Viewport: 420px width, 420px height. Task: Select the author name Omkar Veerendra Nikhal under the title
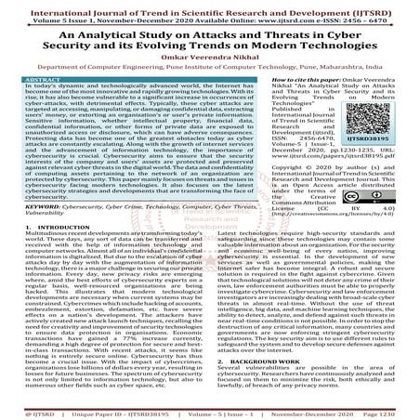pos(209,59)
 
